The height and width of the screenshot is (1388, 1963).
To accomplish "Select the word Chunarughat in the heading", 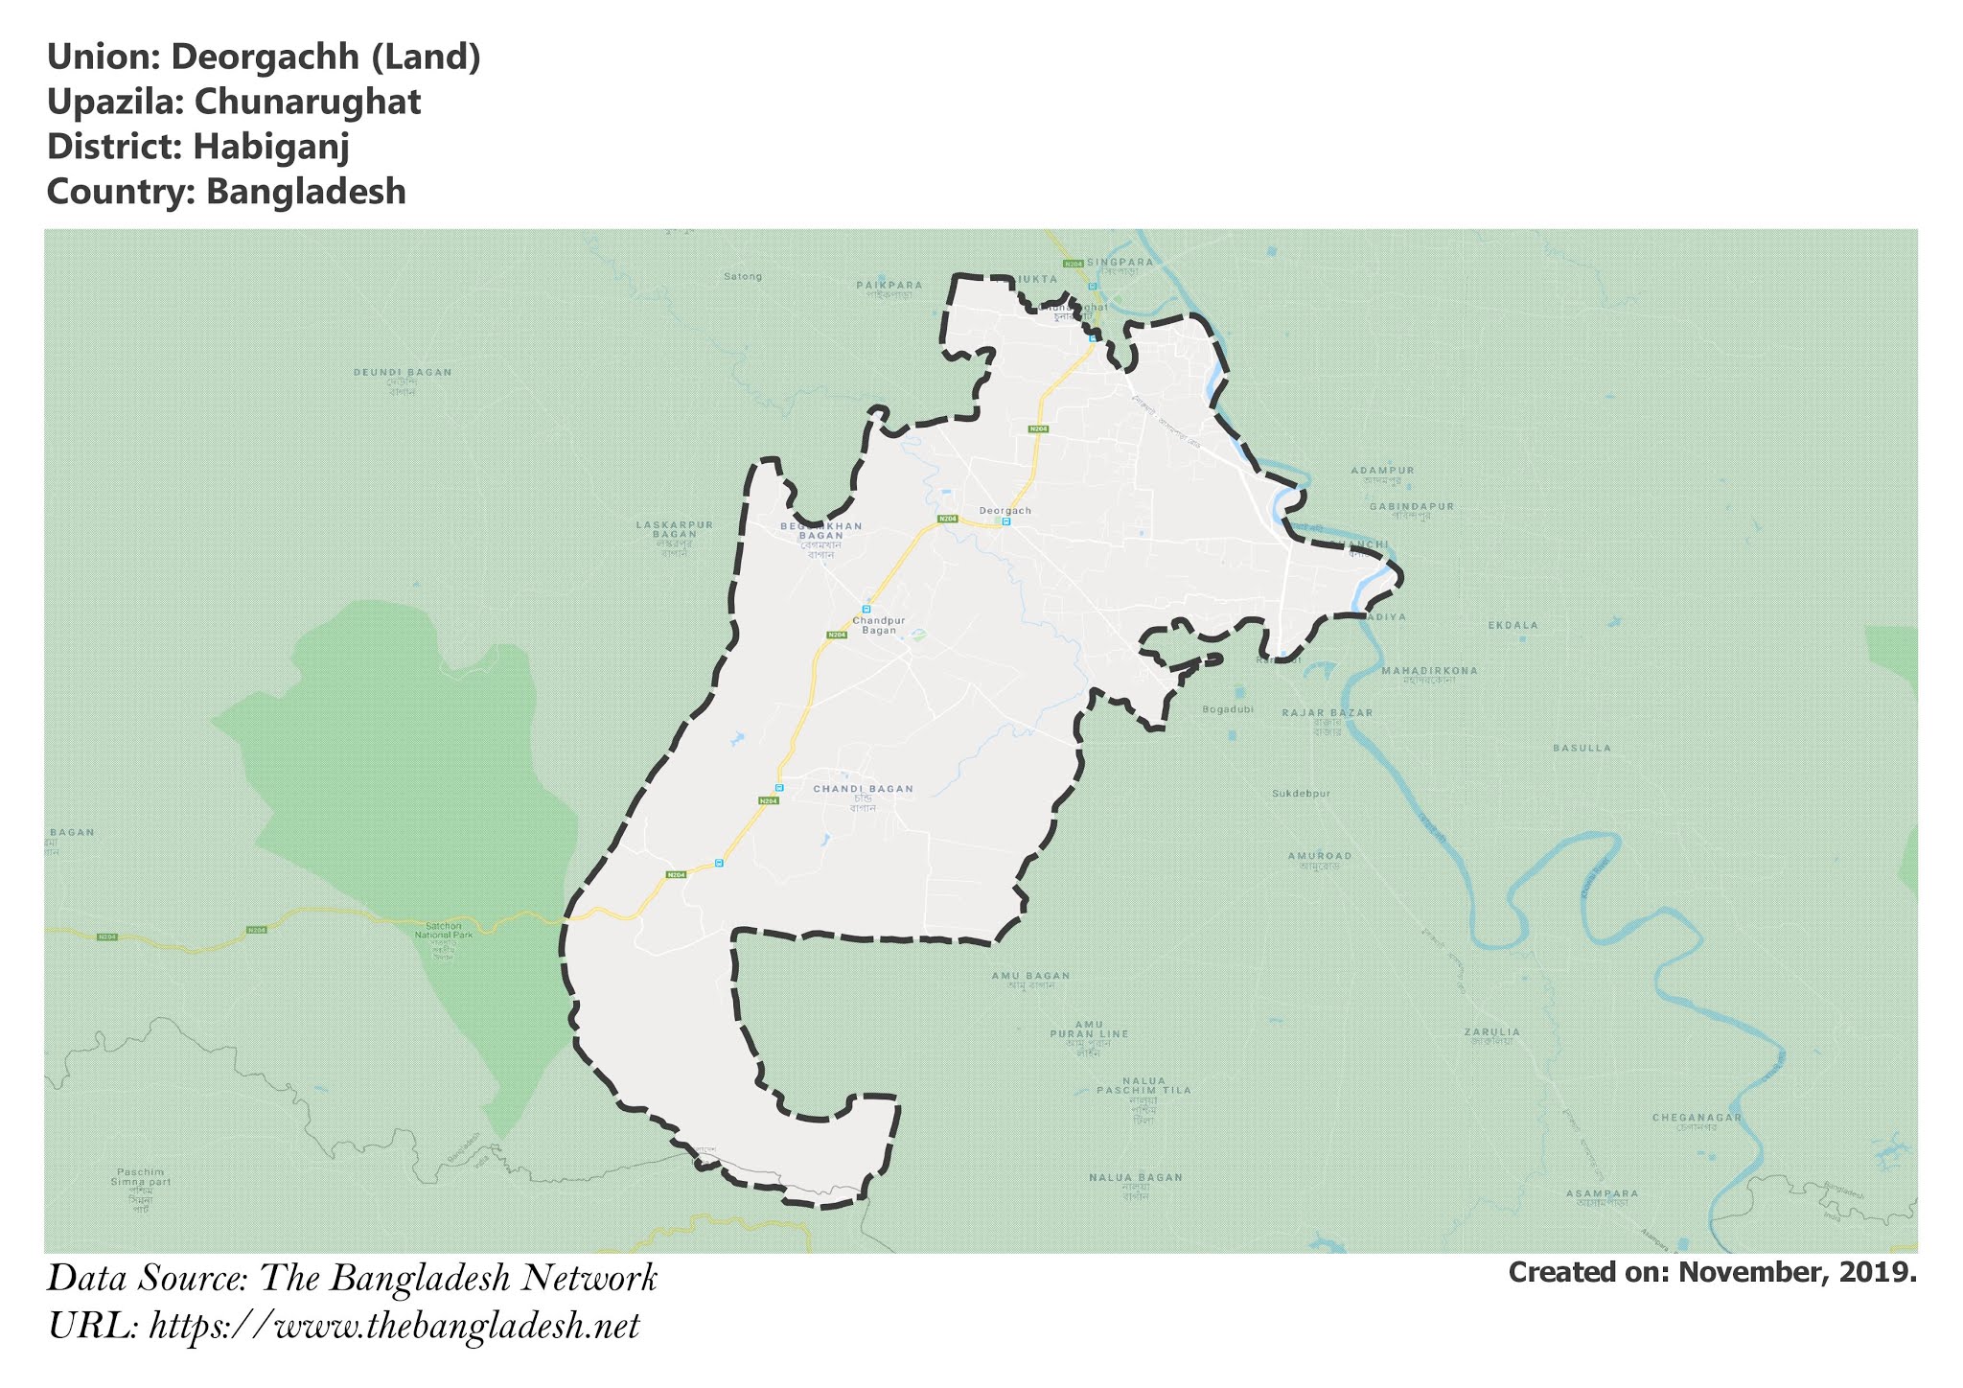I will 308,102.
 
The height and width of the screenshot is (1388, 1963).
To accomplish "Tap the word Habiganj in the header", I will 271,147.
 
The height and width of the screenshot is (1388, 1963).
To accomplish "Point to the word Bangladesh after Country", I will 306,192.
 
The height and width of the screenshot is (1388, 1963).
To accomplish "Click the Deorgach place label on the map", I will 1005,511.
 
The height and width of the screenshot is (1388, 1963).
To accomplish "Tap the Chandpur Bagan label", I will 879,625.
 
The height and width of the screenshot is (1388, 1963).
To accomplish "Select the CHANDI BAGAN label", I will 863,789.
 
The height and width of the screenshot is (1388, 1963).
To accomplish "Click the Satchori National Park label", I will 444,930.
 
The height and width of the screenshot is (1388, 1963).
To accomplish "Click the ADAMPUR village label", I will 1382,471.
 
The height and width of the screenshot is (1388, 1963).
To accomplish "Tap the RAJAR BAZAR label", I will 1328,713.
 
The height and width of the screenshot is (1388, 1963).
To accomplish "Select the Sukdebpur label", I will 1301,794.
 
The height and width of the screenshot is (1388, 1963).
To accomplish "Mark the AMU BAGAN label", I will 1030,976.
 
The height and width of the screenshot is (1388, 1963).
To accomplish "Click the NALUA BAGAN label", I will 1135,1177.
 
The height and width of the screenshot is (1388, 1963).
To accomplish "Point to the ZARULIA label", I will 1491,1032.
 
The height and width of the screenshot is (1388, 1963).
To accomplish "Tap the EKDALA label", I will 1513,625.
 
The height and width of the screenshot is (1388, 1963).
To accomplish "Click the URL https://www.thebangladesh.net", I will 394,1327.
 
